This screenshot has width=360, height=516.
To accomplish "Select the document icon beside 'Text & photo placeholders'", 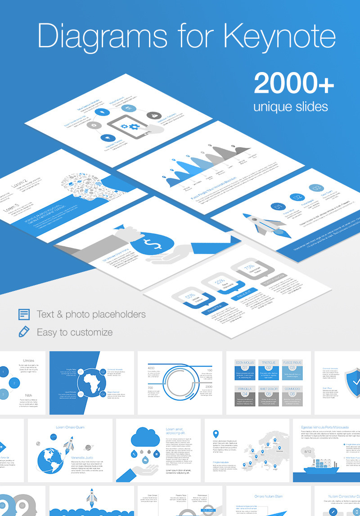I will pyautogui.click(x=24, y=314).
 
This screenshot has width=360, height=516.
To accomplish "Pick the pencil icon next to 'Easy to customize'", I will pyautogui.click(x=24, y=332).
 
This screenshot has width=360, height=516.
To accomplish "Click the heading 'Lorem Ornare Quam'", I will pyautogui.click(x=70, y=427).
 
